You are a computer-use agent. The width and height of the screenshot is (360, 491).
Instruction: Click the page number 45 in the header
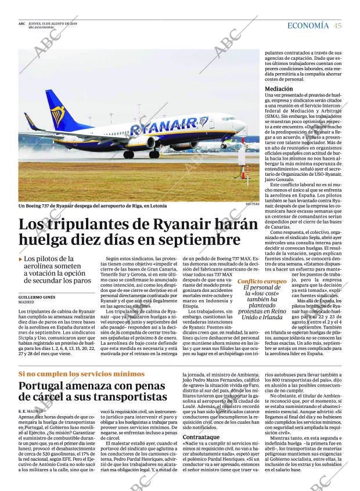coord(337,26)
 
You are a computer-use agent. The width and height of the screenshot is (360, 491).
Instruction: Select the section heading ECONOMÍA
coord(308,26)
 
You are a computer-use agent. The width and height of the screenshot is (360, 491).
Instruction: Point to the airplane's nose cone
coord(243,126)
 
